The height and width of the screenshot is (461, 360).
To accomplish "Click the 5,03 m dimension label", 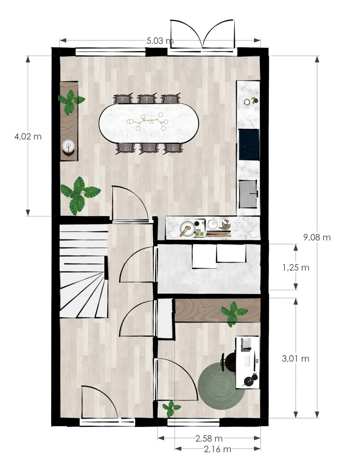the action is pyautogui.click(x=160, y=41).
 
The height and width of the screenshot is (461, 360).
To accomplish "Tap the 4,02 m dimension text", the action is pyautogui.click(x=28, y=136).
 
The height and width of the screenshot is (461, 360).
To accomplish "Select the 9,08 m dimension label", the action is pyautogui.click(x=317, y=238).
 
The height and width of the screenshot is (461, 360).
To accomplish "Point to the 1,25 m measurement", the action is pyautogui.click(x=296, y=268).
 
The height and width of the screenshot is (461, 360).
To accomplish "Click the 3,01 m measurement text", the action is pyautogui.click(x=295, y=358).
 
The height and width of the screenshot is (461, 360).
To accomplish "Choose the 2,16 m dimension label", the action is pyautogui.click(x=218, y=449).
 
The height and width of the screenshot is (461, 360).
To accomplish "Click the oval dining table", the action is pyautogui.click(x=149, y=123).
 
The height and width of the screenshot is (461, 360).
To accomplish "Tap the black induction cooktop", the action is pyautogui.click(x=249, y=144).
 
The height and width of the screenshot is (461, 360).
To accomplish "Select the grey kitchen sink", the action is pyautogui.click(x=248, y=194).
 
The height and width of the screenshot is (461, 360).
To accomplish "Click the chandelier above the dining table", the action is pyautogui.click(x=147, y=122).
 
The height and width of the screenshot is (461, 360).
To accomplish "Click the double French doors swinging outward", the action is pyautogui.click(x=203, y=34).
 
